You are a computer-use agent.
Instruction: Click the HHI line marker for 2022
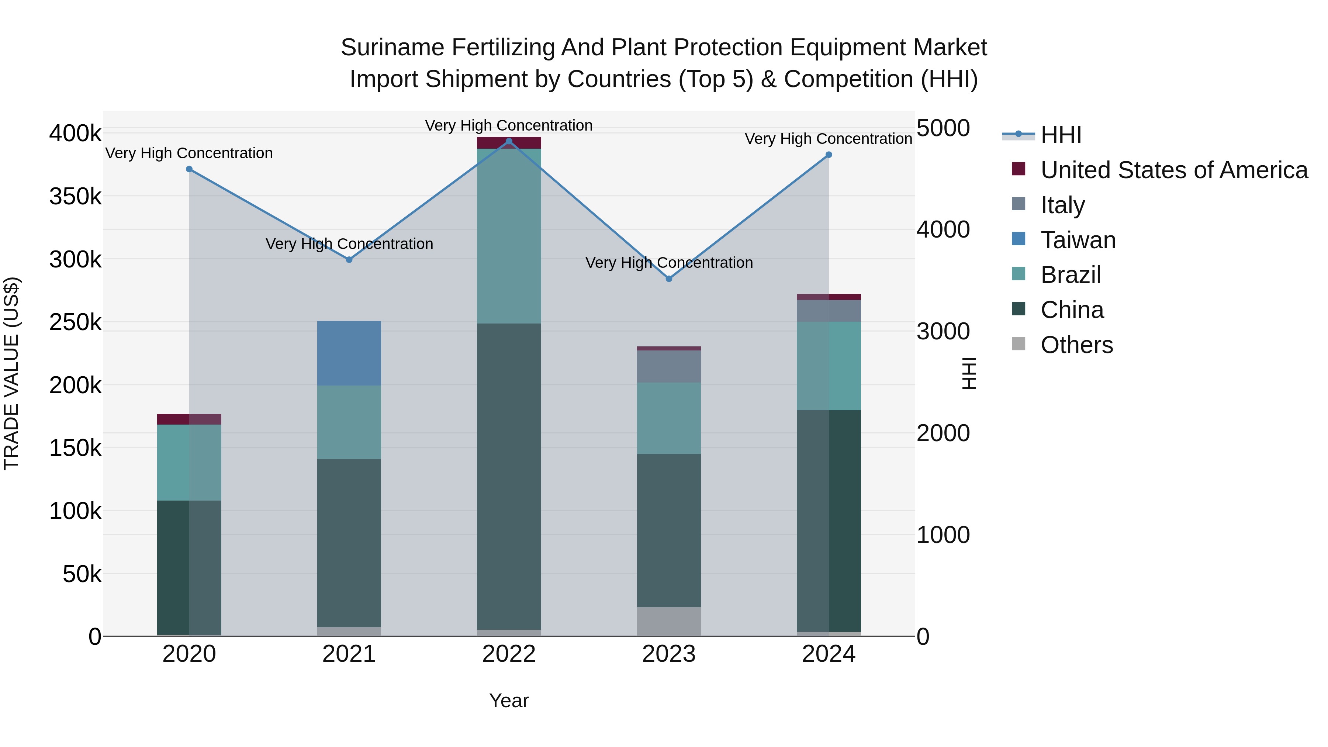(509, 141)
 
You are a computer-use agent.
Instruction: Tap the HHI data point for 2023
(669, 279)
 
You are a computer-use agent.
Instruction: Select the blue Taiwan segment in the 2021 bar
(349, 353)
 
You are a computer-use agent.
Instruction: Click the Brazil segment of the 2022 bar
(509, 236)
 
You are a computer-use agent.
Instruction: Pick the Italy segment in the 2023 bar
(669, 367)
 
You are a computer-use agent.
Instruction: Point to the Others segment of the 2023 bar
(669, 621)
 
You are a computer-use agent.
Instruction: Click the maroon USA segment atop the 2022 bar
(509, 143)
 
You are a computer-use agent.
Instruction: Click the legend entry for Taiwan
(1078, 240)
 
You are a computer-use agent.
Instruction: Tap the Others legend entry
(1076, 345)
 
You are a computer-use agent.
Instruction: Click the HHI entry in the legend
(1061, 135)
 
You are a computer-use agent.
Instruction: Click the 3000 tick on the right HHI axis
(943, 332)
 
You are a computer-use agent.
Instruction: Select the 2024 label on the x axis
(829, 654)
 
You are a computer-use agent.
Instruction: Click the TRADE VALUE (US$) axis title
(12, 373)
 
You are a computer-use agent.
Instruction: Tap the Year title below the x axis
(509, 701)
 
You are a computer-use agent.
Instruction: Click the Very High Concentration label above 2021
(349, 244)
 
